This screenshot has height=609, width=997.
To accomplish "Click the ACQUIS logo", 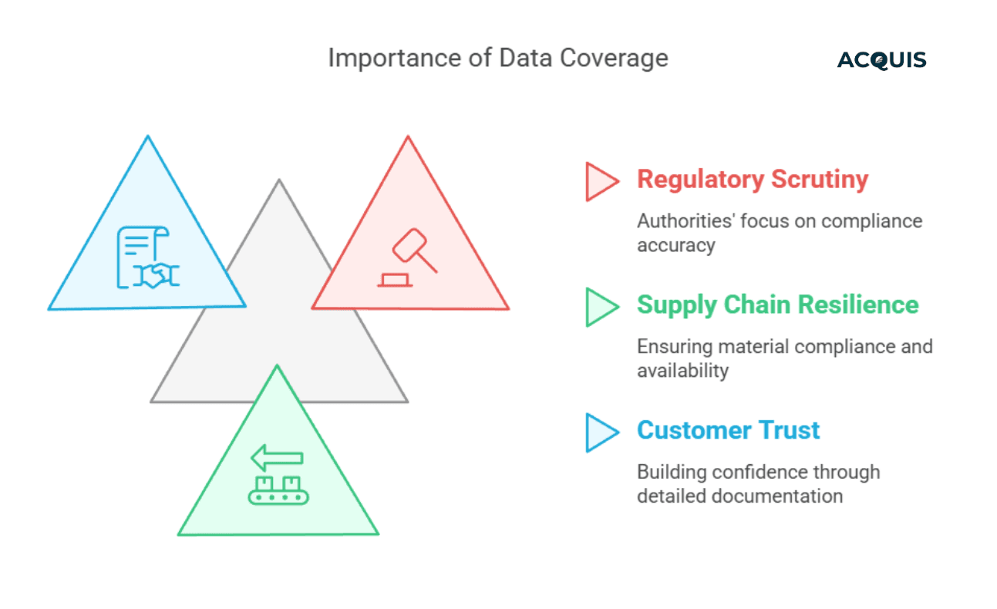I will (x=881, y=60).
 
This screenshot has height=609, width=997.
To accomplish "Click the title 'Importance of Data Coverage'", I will (x=497, y=59).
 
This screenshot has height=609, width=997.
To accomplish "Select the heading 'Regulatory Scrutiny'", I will (x=752, y=180).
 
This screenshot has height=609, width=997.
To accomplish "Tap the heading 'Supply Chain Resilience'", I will (x=777, y=304).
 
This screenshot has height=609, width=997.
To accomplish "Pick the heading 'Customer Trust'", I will (x=728, y=430).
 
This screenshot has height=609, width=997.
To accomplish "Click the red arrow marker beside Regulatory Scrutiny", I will (x=601, y=181).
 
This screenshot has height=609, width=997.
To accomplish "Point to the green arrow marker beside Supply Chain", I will (x=601, y=307).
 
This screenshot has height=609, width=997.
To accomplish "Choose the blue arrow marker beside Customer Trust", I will (x=601, y=432).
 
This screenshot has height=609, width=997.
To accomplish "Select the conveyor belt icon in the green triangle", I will (x=278, y=490).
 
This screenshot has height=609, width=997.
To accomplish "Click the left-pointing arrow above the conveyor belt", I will (x=276, y=458).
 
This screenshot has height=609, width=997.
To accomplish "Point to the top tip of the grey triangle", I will (x=279, y=182).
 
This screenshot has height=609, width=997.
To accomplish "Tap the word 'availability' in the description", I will (x=682, y=371).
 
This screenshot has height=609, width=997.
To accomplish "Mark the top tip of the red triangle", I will (x=407, y=138).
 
